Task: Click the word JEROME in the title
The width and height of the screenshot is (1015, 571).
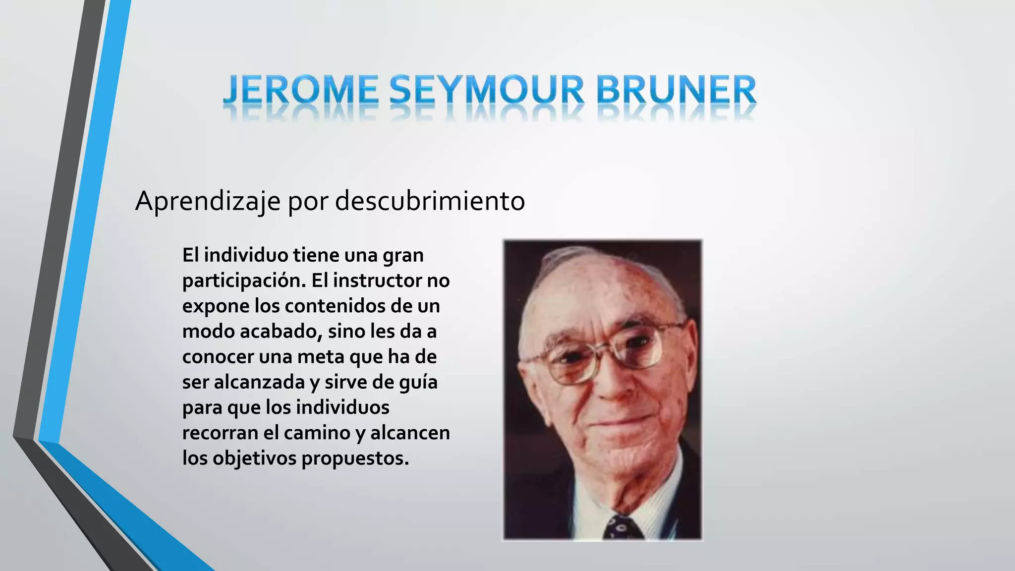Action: [300, 91]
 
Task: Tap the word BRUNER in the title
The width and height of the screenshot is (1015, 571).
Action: [676, 91]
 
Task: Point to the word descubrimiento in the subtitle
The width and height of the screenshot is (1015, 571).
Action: [430, 201]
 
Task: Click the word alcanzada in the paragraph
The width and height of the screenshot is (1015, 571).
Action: [259, 382]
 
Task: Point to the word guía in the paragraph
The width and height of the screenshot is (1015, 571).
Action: [422, 383]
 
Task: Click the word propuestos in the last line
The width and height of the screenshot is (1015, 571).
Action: [355, 458]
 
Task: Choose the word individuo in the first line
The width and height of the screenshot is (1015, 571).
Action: [246, 255]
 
